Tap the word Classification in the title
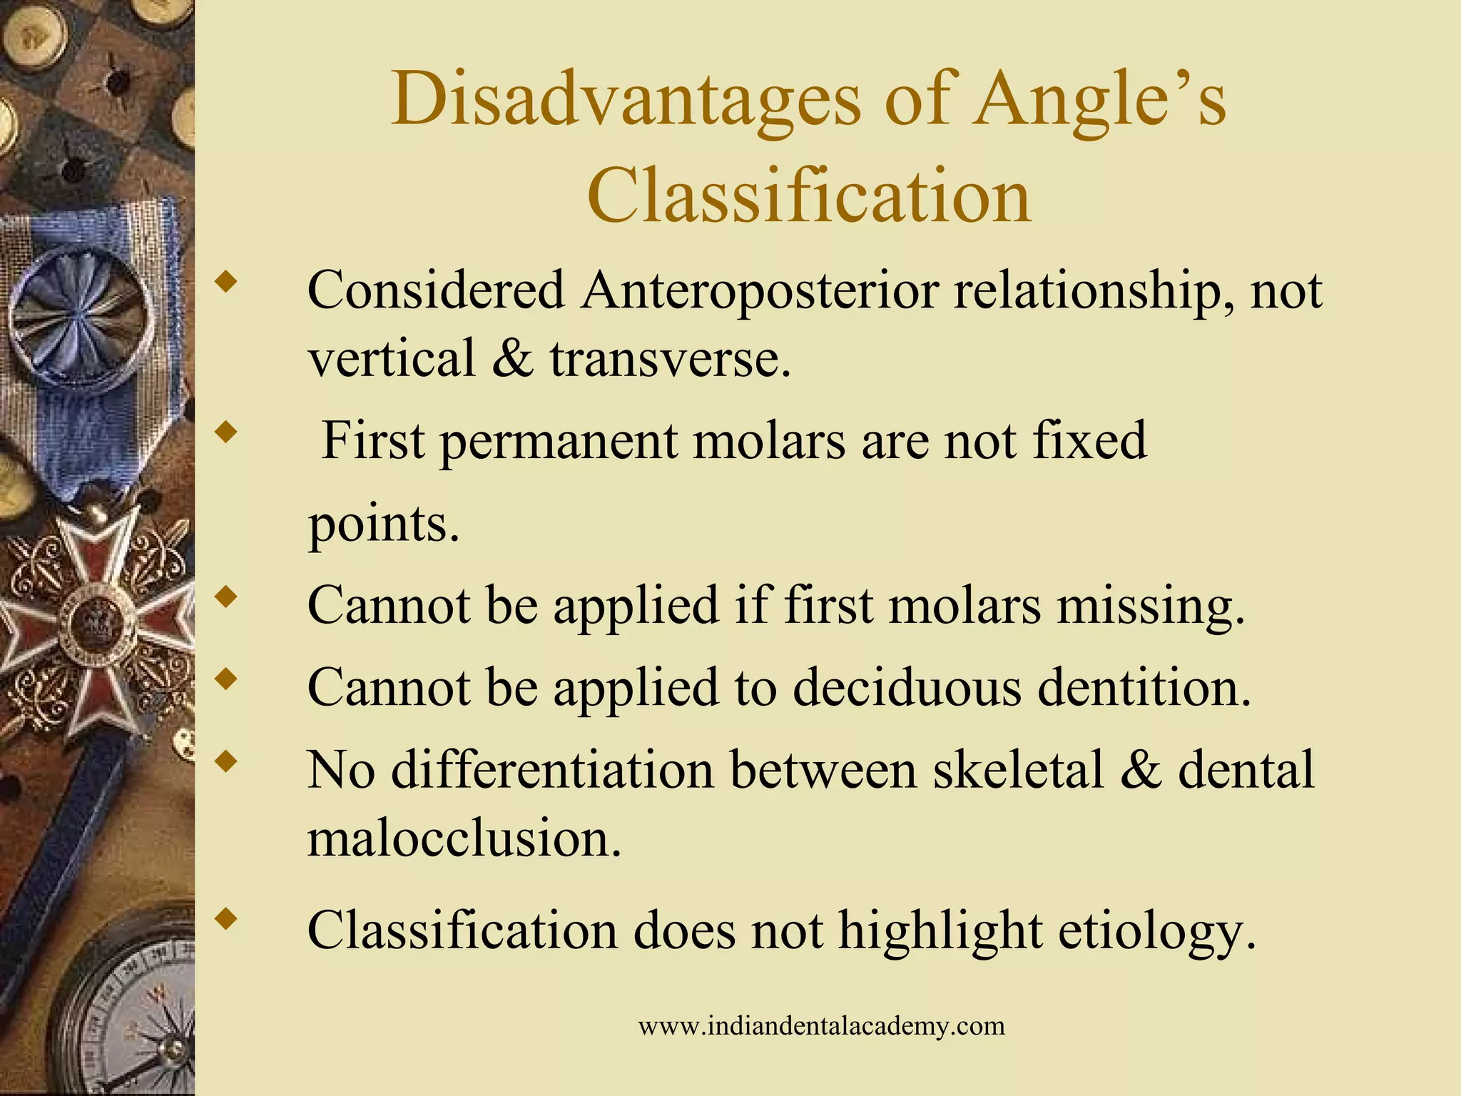pos(809,194)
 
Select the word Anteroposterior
pos(759,290)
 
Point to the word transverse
pos(670,357)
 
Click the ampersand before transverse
pos(512,357)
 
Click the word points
pos(383,525)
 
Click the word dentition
pos(1144,688)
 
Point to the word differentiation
pos(552,770)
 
